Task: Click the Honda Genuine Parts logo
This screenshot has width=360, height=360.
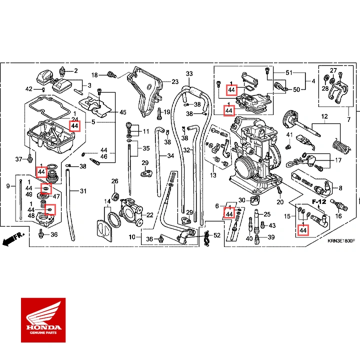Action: click(x=43, y=320)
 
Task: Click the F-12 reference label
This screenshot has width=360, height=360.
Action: click(x=318, y=201)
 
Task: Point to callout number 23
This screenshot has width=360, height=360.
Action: click(x=174, y=82)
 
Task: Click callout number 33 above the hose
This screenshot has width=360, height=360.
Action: click(x=189, y=74)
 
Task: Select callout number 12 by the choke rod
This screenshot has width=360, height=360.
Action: click(x=324, y=117)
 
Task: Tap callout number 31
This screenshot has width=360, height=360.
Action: click(x=83, y=191)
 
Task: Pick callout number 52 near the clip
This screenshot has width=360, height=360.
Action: click(x=216, y=235)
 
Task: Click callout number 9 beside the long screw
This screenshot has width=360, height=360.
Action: click(x=8, y=186)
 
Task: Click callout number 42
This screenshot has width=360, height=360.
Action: click(x=29, y=89)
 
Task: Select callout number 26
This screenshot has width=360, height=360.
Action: click(x=114, y=181)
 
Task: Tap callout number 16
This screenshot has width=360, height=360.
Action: click(x=338, y=216)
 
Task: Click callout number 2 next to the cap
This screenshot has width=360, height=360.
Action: click(x=76, y=70)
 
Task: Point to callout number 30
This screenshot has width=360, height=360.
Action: click(x=241, y=200)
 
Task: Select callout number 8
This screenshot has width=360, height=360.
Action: click(x=340, y=188)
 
